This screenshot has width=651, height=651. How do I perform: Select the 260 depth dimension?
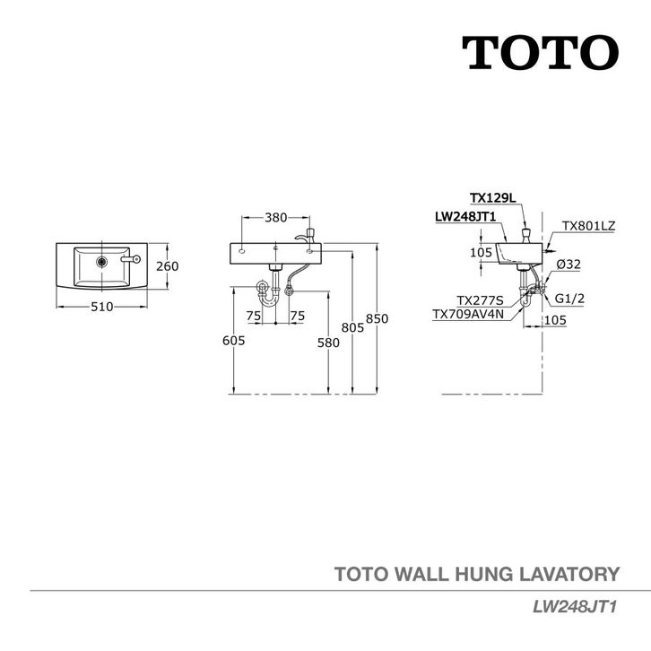point(168,265)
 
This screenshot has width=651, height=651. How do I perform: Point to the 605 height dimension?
point(233,341)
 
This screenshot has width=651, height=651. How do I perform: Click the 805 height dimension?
point(352,328)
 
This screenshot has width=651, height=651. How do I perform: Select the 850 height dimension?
point(378,318)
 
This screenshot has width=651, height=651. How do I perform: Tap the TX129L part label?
point(491,197)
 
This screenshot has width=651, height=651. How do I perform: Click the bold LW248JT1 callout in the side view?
point(464,216)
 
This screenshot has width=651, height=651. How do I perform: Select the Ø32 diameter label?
point(568,265)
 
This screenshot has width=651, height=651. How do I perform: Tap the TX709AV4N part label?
point(468,314)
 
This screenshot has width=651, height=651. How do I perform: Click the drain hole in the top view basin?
point(102,261)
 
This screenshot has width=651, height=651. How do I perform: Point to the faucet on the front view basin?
point(308,234)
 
